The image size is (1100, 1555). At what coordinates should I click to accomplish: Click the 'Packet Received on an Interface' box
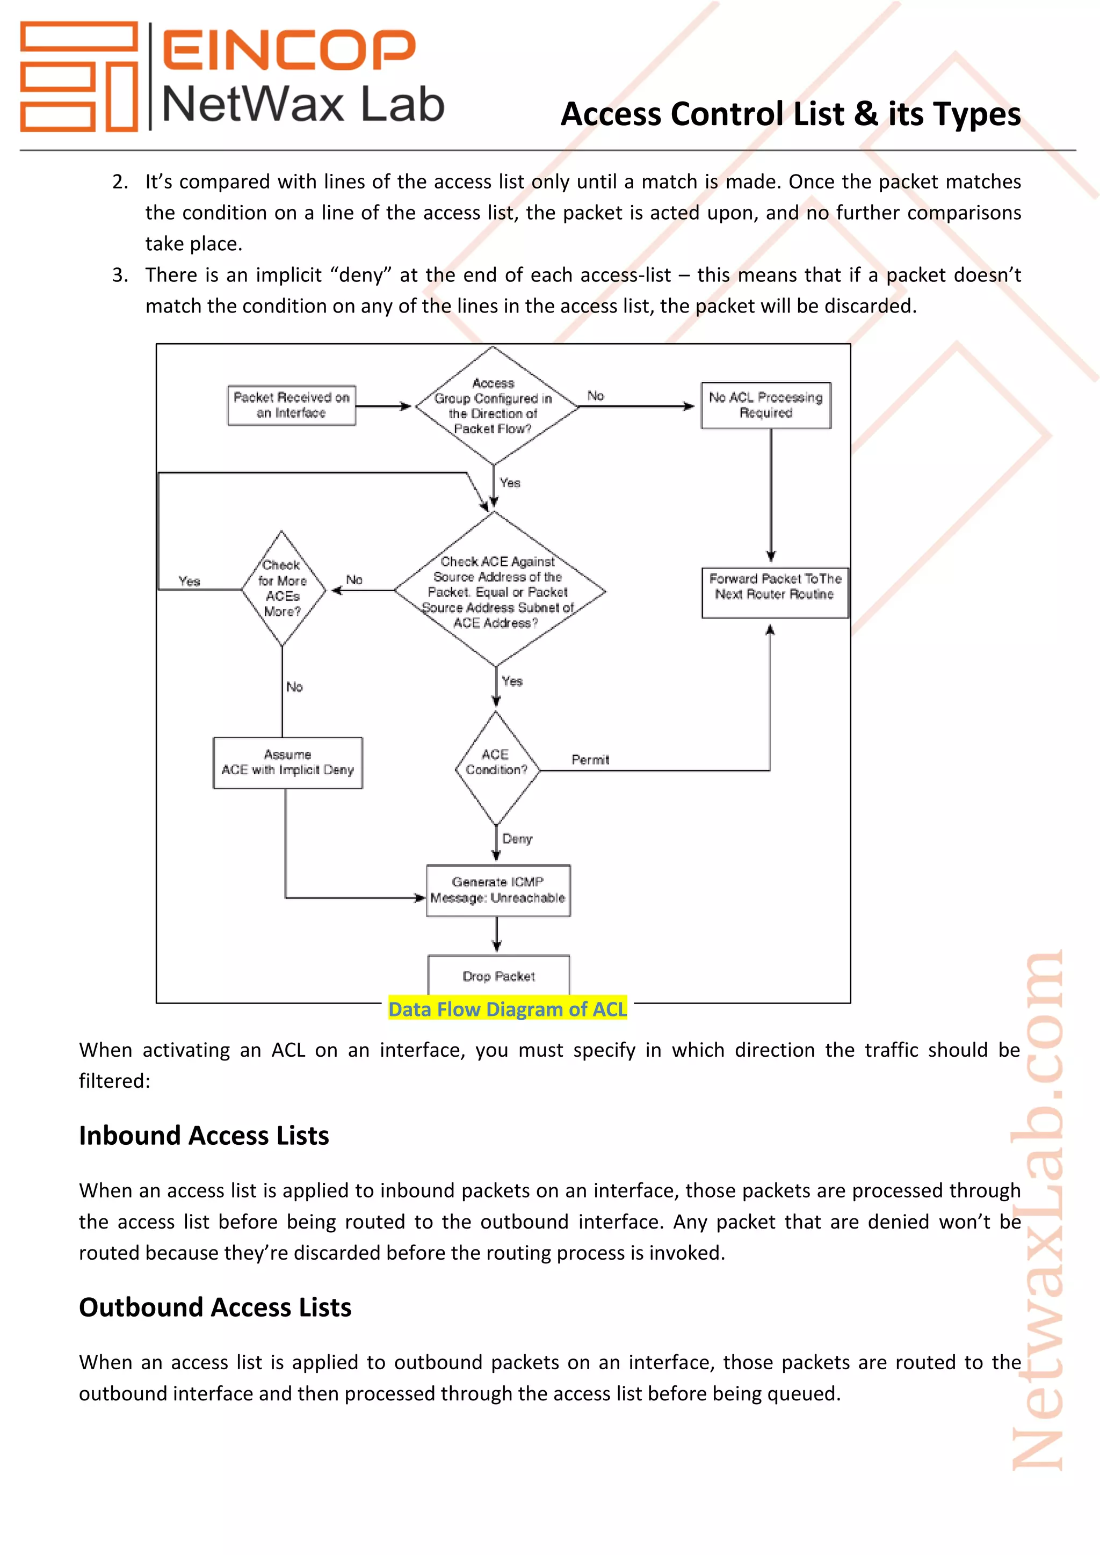coord(291,405)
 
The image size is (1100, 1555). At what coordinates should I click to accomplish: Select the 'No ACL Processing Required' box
coord(765,405)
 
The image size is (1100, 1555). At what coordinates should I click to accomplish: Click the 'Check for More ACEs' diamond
coord(282,588)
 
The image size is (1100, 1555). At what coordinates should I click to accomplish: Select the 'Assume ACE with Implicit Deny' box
coord(288,762)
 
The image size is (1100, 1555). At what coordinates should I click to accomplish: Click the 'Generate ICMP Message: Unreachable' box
coord(498,890)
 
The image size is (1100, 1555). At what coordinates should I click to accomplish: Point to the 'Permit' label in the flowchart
coord(590,760)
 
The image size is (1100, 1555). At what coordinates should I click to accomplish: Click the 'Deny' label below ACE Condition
coord(517,839)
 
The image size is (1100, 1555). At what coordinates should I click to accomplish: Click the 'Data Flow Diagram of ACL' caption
coord(508,1008)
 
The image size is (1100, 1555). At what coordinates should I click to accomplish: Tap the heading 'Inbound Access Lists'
coord(204,1135)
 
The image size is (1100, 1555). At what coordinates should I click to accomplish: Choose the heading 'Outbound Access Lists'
coord(215,1306)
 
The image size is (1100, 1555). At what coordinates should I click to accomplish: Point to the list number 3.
coord(120,275)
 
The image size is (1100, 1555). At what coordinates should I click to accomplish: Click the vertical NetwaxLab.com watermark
coord(1037,1212)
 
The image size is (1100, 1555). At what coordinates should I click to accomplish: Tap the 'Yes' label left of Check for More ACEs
coord(190,581)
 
